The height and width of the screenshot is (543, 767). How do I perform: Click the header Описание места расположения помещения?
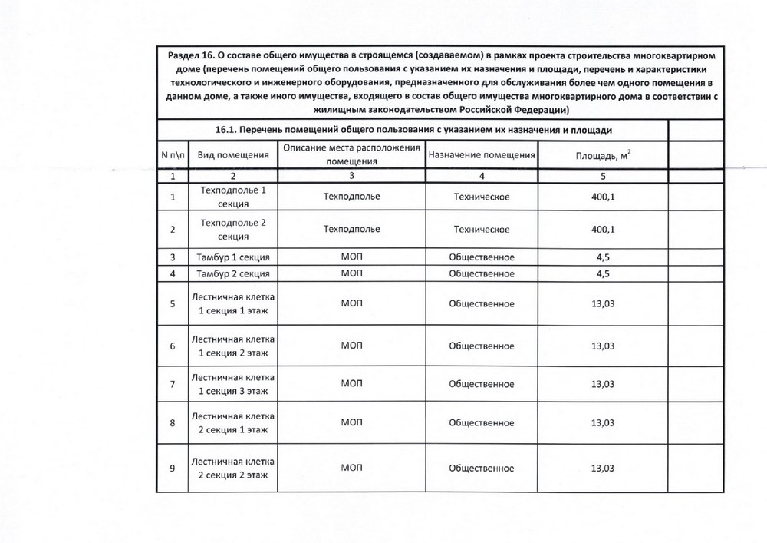pyautogui.click(x=352, y=155)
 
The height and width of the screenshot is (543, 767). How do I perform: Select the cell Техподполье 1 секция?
pyautogui.click(x=233, y=197)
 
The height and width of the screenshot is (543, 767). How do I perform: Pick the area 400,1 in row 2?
pyautogui.click(x=603, y=229)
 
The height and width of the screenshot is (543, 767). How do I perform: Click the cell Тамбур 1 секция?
pyautogui.click(x=233, y=257)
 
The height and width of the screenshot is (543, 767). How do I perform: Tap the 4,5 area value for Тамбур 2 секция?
pyautogui.click(x=603, y=273)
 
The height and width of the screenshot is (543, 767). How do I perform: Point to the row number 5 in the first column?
pyautogui.click(x=173, y=303)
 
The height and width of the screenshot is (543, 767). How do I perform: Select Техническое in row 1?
pyautogui.click(x=482, y=197)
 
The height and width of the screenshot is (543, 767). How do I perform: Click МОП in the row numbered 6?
pyautogui.click(x=352, y=346)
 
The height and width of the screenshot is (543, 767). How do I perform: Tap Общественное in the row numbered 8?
pyautogui.click(x=482, y=422)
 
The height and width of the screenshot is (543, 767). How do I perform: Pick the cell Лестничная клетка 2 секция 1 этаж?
pyautogui.click(x=233, y=422)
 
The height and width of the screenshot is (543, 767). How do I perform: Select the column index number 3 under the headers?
pyautogui.click(x=352, y=176)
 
